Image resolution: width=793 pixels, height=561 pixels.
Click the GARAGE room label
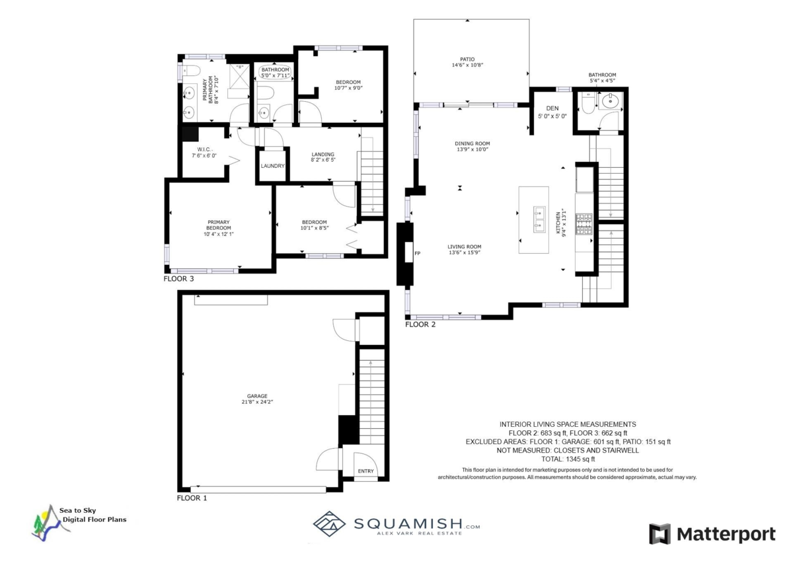(x=258, y=396)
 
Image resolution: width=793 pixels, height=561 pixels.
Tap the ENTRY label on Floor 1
(x=365, y=471)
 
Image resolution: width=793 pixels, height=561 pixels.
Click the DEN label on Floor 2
(x=552, y=108)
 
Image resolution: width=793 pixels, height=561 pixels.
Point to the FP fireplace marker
(x=416, y=253)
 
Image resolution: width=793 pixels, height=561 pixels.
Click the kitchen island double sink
(x=539, y=219)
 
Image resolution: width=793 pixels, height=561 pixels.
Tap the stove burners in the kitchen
(x=584, y=225)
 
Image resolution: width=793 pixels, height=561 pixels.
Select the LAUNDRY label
(x=272, y=166)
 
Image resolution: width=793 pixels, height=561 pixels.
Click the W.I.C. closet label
(x=203, y=149)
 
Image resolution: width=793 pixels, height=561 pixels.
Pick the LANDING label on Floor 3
(x=322, y=155)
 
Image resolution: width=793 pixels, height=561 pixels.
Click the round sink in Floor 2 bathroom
(x=611, y=102)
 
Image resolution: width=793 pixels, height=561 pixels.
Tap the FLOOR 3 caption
(x=178, y=279)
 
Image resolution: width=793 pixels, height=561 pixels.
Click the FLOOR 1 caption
(x=192, y=498)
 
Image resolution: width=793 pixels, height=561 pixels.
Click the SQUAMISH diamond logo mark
(x=330, y=522)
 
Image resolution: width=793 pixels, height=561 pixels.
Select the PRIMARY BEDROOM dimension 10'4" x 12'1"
(x=219, y=233)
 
